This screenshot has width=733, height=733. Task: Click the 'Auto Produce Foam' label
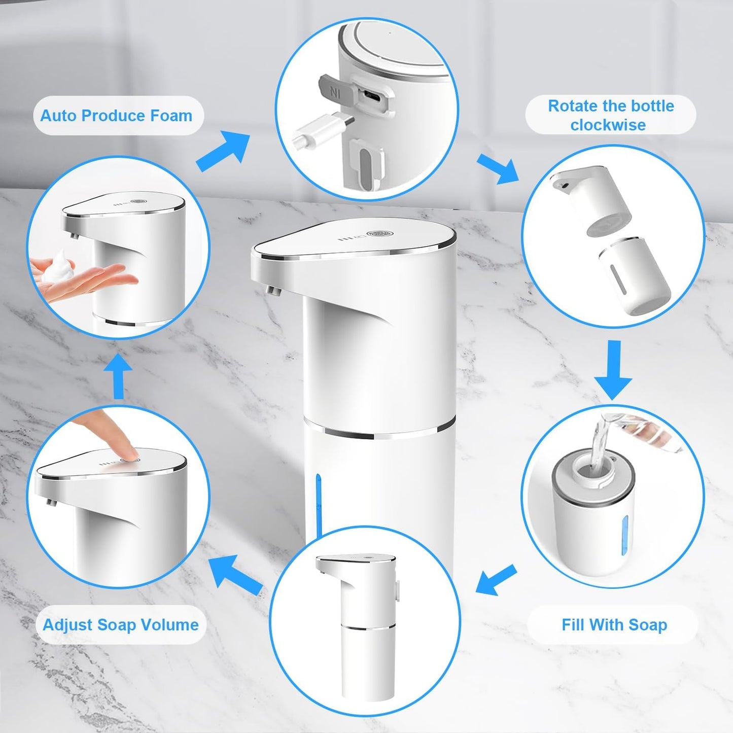[x=117, y=116]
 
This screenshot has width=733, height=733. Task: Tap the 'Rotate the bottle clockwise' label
[x=610, y=115]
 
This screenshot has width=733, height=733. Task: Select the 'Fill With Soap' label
[x=614, y=624]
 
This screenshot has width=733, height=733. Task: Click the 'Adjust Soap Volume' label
[x=121, y=624]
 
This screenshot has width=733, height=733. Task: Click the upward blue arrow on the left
[x=118, y=376]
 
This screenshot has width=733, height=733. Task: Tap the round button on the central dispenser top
[x=381, y=234]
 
